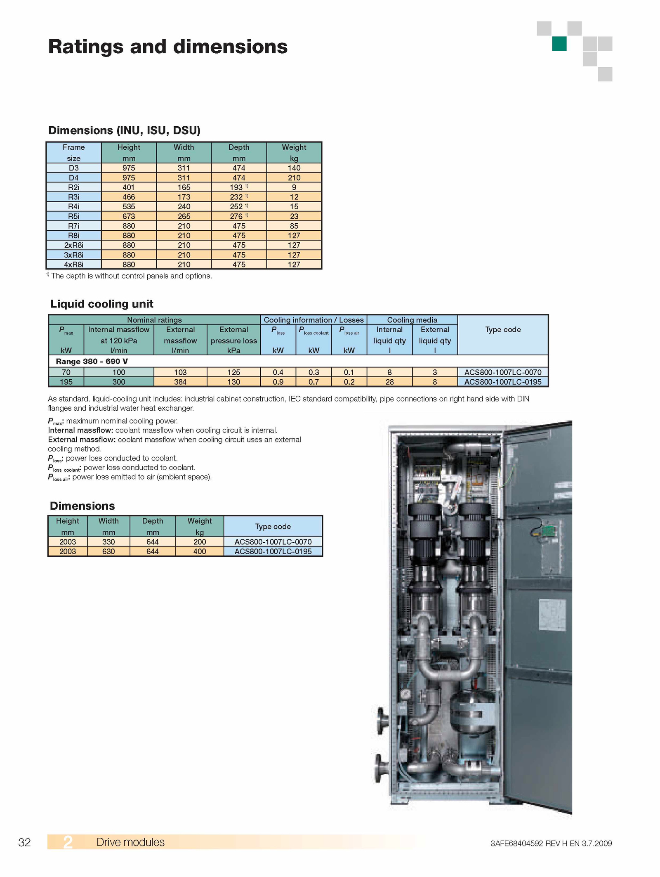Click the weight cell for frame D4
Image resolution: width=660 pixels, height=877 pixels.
(x=294, y=177)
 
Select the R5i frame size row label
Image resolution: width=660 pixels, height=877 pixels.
(x=73, y=216)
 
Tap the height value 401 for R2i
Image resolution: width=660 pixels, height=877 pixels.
(x=129, y=187)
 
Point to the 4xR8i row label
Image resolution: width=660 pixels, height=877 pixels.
(x=73, y=265)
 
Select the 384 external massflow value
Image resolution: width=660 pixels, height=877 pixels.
(x=180, y=382)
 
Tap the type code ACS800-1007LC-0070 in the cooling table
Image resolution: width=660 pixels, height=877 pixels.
(x=503, y=372)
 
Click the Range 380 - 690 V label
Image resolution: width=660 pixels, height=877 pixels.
(x=92, y=362)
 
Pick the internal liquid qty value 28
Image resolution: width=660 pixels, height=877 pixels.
(x=389, y=382)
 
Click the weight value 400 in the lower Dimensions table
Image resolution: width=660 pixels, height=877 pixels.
(x=200, y=551)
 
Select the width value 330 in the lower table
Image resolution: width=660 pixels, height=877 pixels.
(x=108, y=542)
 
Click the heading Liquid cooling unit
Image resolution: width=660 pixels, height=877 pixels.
(x=101, y=304)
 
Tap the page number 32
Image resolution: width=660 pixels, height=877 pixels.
(x=25, y=842)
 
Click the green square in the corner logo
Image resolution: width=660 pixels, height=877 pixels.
(x=559, y=44)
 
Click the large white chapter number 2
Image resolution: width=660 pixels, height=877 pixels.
(x=68, y=842)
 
